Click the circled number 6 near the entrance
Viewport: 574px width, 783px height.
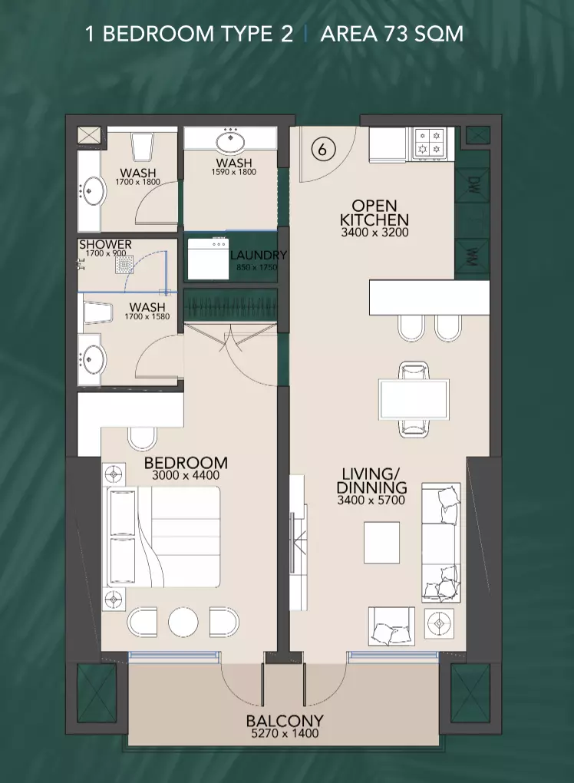[322, 149]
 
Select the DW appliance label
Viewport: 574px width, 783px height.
[473, 185]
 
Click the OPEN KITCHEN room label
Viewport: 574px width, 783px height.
[374, 213]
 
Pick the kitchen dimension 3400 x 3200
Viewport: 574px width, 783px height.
[374, 232]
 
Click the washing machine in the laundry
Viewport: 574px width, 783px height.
[208, 259]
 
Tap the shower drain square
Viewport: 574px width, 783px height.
[124, 265]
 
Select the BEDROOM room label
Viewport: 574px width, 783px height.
[186, 463]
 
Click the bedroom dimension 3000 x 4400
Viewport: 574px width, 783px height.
[186, 475]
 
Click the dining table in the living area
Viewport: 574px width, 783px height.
[414, 399]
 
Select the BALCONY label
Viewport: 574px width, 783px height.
[285, 721]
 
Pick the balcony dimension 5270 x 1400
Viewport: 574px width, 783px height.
[285, 734]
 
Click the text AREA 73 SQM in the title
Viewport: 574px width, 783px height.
[392, 34]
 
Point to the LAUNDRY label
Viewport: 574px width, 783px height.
[259, 255]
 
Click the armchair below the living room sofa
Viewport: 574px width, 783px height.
[391, 626]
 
